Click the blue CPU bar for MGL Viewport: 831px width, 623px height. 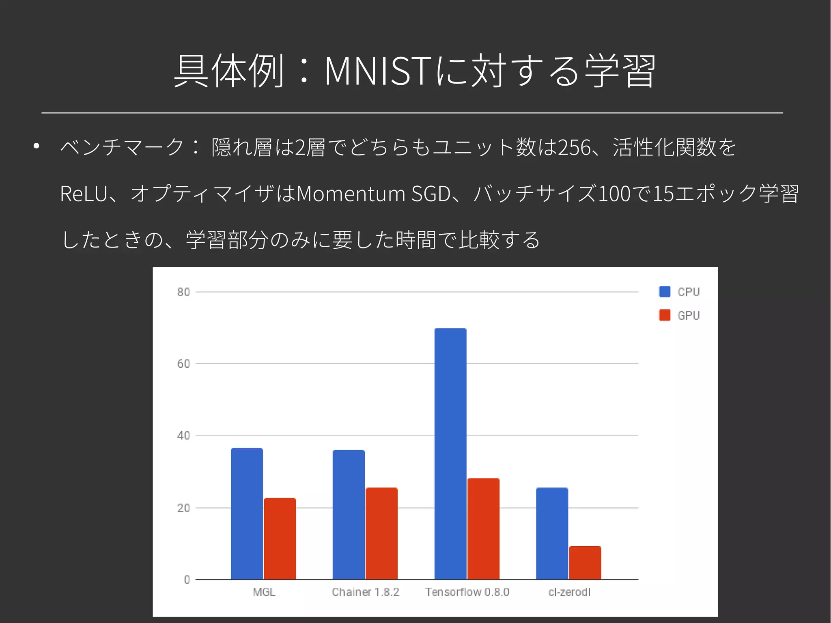(x=247, y=513)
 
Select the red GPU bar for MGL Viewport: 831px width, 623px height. (x=280, y=539)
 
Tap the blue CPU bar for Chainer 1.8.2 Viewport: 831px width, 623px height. (x=349, y=515)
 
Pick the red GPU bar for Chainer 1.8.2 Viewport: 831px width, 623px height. (x=381, y=533)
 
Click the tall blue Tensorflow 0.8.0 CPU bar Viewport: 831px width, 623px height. (x=450, y=454)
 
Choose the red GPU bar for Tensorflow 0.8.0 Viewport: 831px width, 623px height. (x=483, y=529)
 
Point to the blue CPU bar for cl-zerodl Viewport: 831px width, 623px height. (x=552, y=533)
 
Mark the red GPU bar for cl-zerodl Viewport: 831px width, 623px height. (x=585, y=563)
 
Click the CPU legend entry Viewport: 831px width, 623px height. (x=680, y=292)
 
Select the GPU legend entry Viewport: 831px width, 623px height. (x=680, y=315)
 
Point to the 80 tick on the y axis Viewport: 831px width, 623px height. (x=183, y=292)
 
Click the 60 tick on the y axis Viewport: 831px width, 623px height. (x=183, y=364)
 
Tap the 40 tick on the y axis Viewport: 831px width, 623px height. (x=183, y=435)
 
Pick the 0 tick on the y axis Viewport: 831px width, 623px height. (x=187, y=580)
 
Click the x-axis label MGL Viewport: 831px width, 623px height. (x=264, y=592)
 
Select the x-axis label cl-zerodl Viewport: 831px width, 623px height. (x=569, y=592)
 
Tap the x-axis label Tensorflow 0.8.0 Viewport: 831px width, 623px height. (x=467, y=592)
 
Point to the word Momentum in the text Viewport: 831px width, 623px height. (x=351, y=194)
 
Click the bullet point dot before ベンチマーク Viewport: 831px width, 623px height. (x=37, y=146)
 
